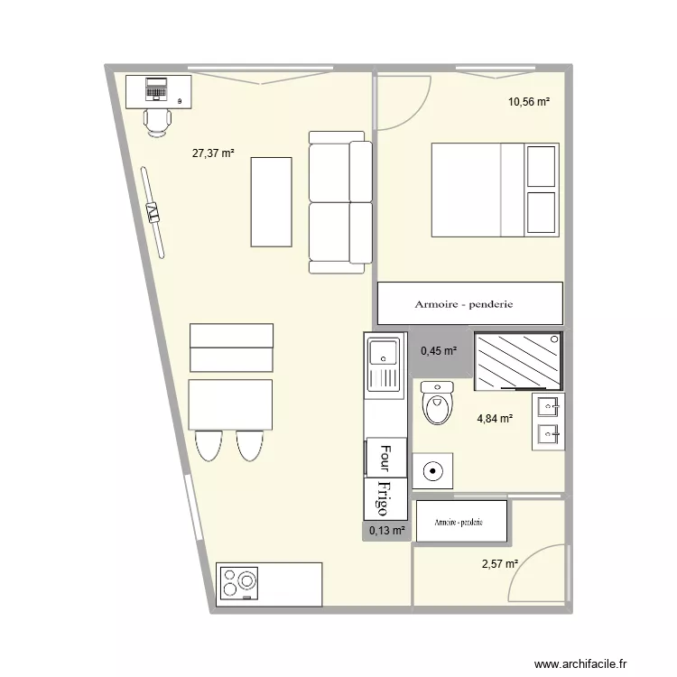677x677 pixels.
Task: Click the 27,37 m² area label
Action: click(213, 153)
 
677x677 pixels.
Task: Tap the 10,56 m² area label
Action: click(529, 102)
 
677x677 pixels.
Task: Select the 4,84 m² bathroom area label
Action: click(495, 419)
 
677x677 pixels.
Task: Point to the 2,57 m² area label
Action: click(499, 564)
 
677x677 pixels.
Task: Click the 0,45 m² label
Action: click(439, 351)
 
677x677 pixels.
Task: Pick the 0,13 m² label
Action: click(385, 531)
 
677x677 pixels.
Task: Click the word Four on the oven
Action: click(385, 458)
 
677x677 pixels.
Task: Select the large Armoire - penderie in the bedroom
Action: click(469, 304)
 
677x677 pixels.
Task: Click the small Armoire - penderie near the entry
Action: click(460, 523)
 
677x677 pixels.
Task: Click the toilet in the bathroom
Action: click(438, 404)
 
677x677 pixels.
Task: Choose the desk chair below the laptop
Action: click(157, 119)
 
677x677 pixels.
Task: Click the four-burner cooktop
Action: click(239, 583)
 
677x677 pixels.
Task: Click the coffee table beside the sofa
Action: click(272, 201)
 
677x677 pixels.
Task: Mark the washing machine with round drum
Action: click(433, 470)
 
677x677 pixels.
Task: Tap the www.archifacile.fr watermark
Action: click(584, 663)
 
